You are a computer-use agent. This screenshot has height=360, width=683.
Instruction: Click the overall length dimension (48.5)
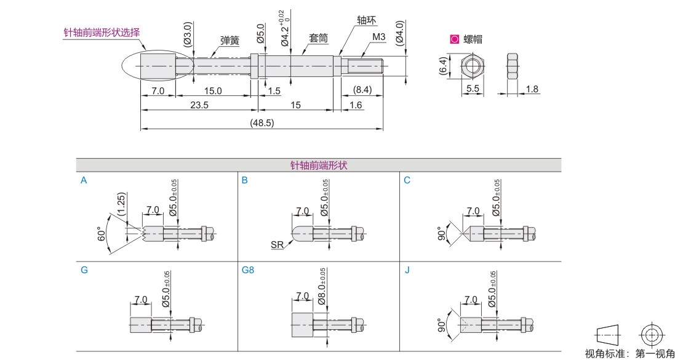coord(262,123)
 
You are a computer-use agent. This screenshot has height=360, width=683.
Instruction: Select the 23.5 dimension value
coord(199,105)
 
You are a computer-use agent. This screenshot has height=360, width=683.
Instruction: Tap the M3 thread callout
coord(378,37)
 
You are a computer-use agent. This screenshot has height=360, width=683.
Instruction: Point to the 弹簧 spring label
coord(230,41)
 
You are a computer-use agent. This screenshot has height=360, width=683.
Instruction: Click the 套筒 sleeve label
coord(318,38)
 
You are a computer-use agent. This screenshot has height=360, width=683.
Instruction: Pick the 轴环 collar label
coord(366,20)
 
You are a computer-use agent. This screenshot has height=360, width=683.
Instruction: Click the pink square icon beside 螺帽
coord(454,39)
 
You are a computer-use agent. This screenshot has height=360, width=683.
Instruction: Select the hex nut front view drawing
coord(473,66)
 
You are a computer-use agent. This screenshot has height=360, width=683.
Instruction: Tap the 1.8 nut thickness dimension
coord(532,89)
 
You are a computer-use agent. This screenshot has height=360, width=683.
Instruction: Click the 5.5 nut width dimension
coord(473,89)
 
